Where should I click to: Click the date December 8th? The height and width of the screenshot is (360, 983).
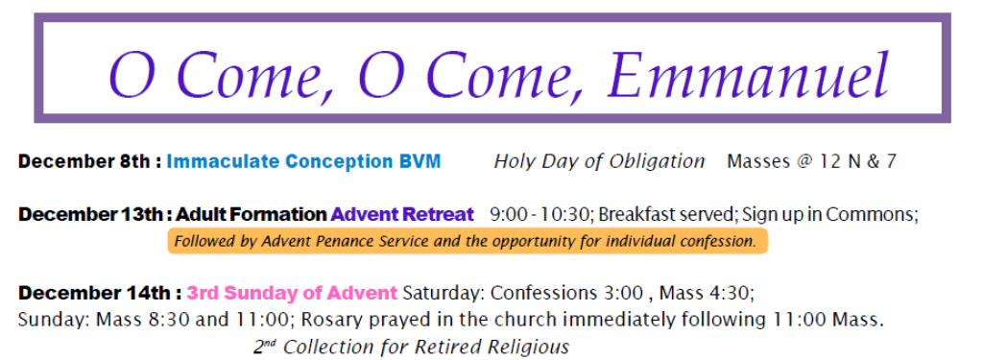pos(84,161)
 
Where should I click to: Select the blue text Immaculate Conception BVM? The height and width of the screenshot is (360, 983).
pos(303,162)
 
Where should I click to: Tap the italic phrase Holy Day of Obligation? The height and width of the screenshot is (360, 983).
pos(599,162)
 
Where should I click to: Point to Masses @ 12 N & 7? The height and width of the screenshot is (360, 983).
pos(812,162)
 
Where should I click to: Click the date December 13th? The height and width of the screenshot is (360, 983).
pos(92,214)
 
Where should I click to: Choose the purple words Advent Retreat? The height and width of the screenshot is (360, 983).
pos(402,214)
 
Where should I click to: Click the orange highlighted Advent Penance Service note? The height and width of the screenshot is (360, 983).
pos(468,242)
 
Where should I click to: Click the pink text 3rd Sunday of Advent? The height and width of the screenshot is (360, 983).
pos(292,293)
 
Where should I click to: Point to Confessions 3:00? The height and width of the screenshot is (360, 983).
pos(566,293)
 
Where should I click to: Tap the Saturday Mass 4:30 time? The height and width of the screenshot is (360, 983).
pos(705,293)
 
